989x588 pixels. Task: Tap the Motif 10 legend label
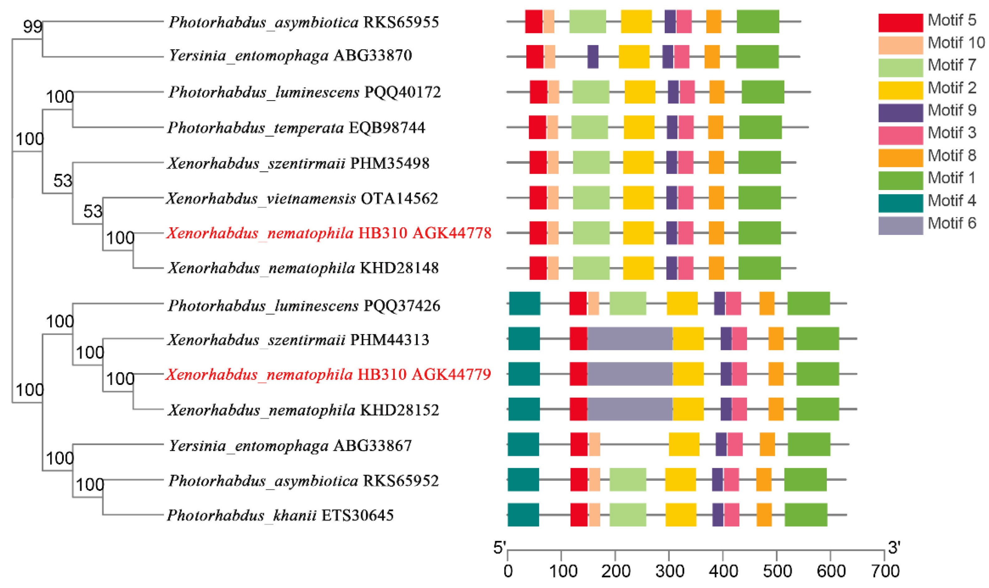956,42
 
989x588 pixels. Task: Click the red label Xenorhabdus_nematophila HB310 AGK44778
329,233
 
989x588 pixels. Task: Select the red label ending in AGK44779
328,374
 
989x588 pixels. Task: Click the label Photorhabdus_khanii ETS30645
280,515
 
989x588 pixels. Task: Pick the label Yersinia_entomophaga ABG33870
290,56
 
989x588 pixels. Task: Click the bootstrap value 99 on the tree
32,27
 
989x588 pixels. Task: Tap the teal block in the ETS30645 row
523,515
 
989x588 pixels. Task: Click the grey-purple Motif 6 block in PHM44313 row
630,339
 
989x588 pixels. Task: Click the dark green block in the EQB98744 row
760,127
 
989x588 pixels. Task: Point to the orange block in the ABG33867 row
767,444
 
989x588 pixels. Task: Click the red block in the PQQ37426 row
578,304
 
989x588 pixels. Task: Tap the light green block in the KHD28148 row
591,268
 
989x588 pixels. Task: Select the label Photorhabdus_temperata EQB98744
296,128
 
